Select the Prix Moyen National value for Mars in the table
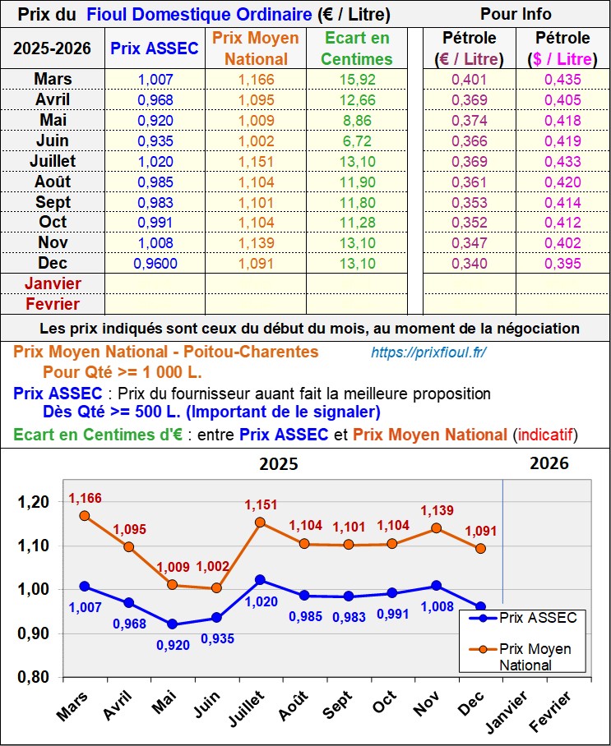click(255, 80)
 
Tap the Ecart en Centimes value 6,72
click(357, 140)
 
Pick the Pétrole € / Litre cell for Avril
click(469, 100)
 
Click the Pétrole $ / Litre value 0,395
click(562, 264)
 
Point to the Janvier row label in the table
click(53, 283)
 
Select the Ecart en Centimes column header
click(357, 48)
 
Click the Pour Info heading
click(516, 14)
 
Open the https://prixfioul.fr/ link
click(428, 352)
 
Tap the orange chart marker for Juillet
click(260, 523)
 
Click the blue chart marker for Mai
click(172, 624)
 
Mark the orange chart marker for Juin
click(216, 587)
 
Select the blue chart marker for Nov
click(437, 586)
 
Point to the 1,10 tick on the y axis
click(34, 546)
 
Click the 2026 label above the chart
click(549, 463)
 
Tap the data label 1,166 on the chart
click(85, 498)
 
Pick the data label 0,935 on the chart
click(217, 638)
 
